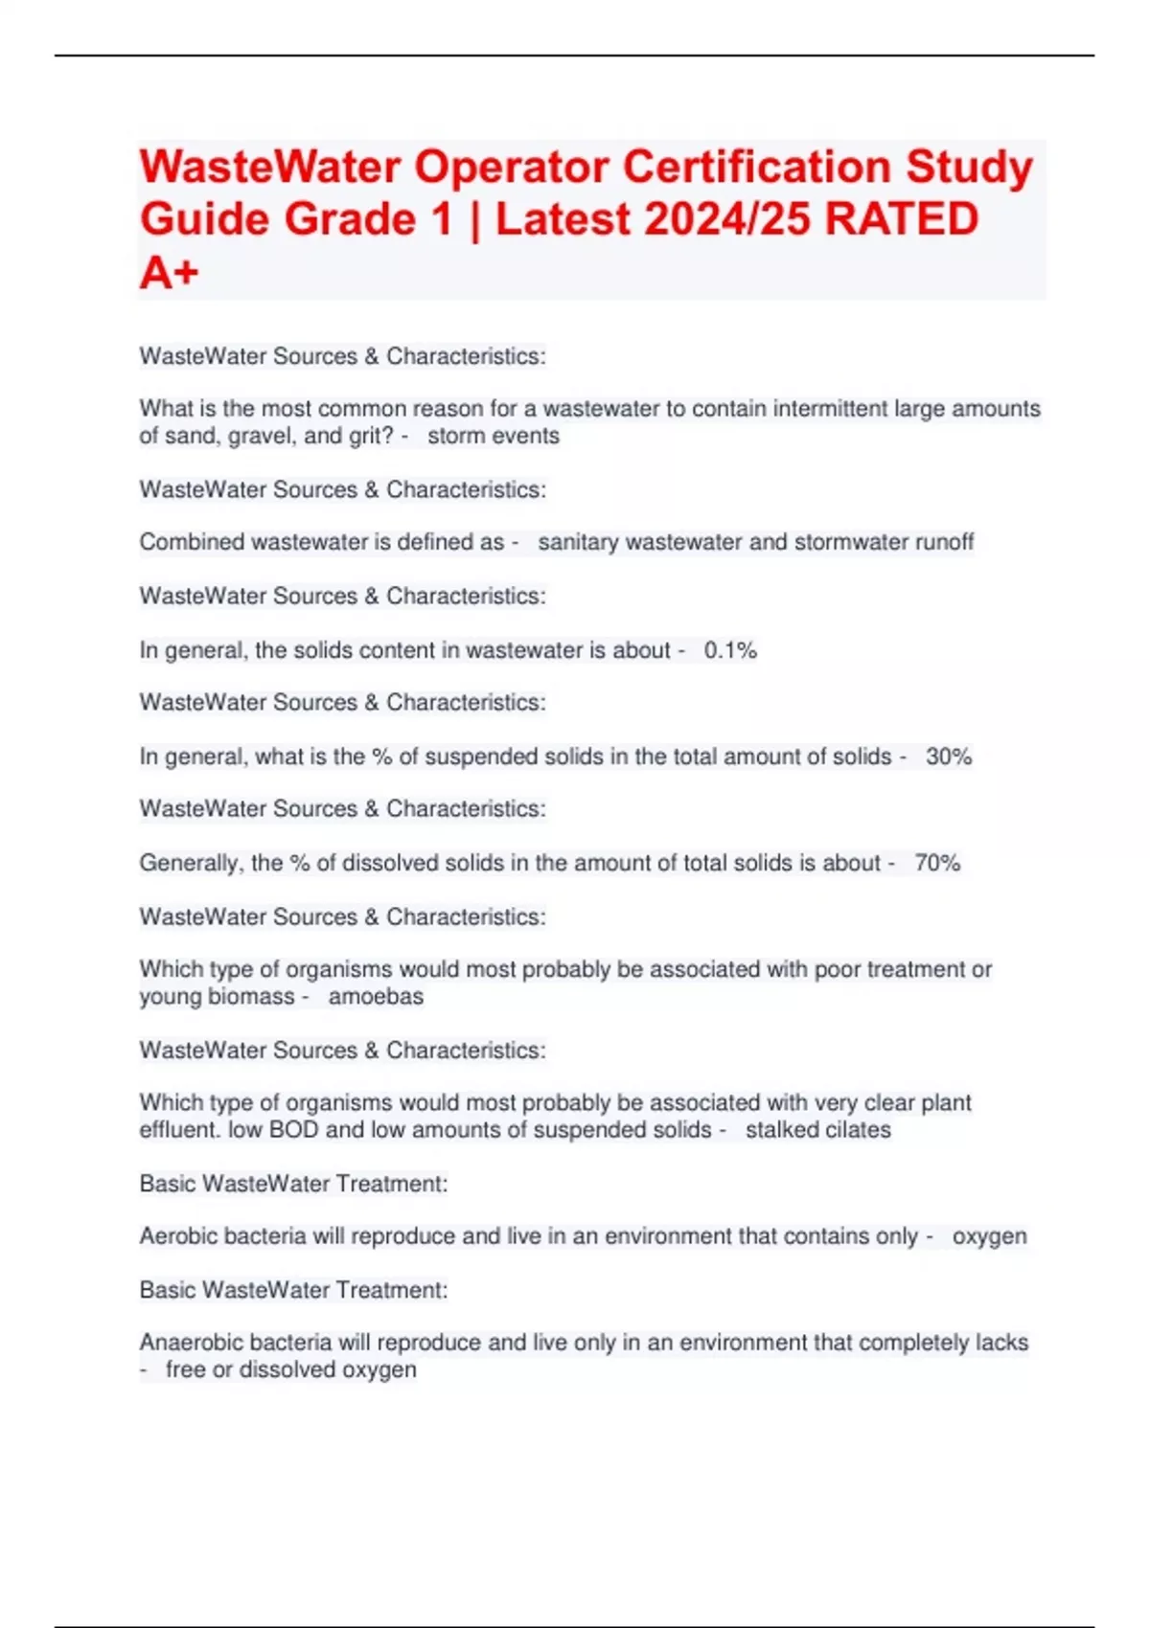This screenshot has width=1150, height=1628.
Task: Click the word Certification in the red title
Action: pos(757,167)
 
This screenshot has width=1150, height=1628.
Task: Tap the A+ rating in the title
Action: pos(169,273)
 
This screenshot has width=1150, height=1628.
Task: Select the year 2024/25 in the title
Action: pos(727,219)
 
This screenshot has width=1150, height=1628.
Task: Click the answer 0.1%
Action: pos(730,650)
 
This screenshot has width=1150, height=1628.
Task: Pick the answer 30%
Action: pos(949,757)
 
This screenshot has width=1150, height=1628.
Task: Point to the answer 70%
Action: pos(937,863)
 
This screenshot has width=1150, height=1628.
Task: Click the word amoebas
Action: pos(376,997)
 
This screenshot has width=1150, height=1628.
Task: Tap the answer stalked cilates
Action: pos(817,1130)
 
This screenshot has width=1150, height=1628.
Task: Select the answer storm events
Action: pos(494,436)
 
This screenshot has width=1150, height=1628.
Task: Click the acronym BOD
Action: pos(293,1130)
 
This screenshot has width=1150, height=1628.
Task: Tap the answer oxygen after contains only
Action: pos(989,1236)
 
